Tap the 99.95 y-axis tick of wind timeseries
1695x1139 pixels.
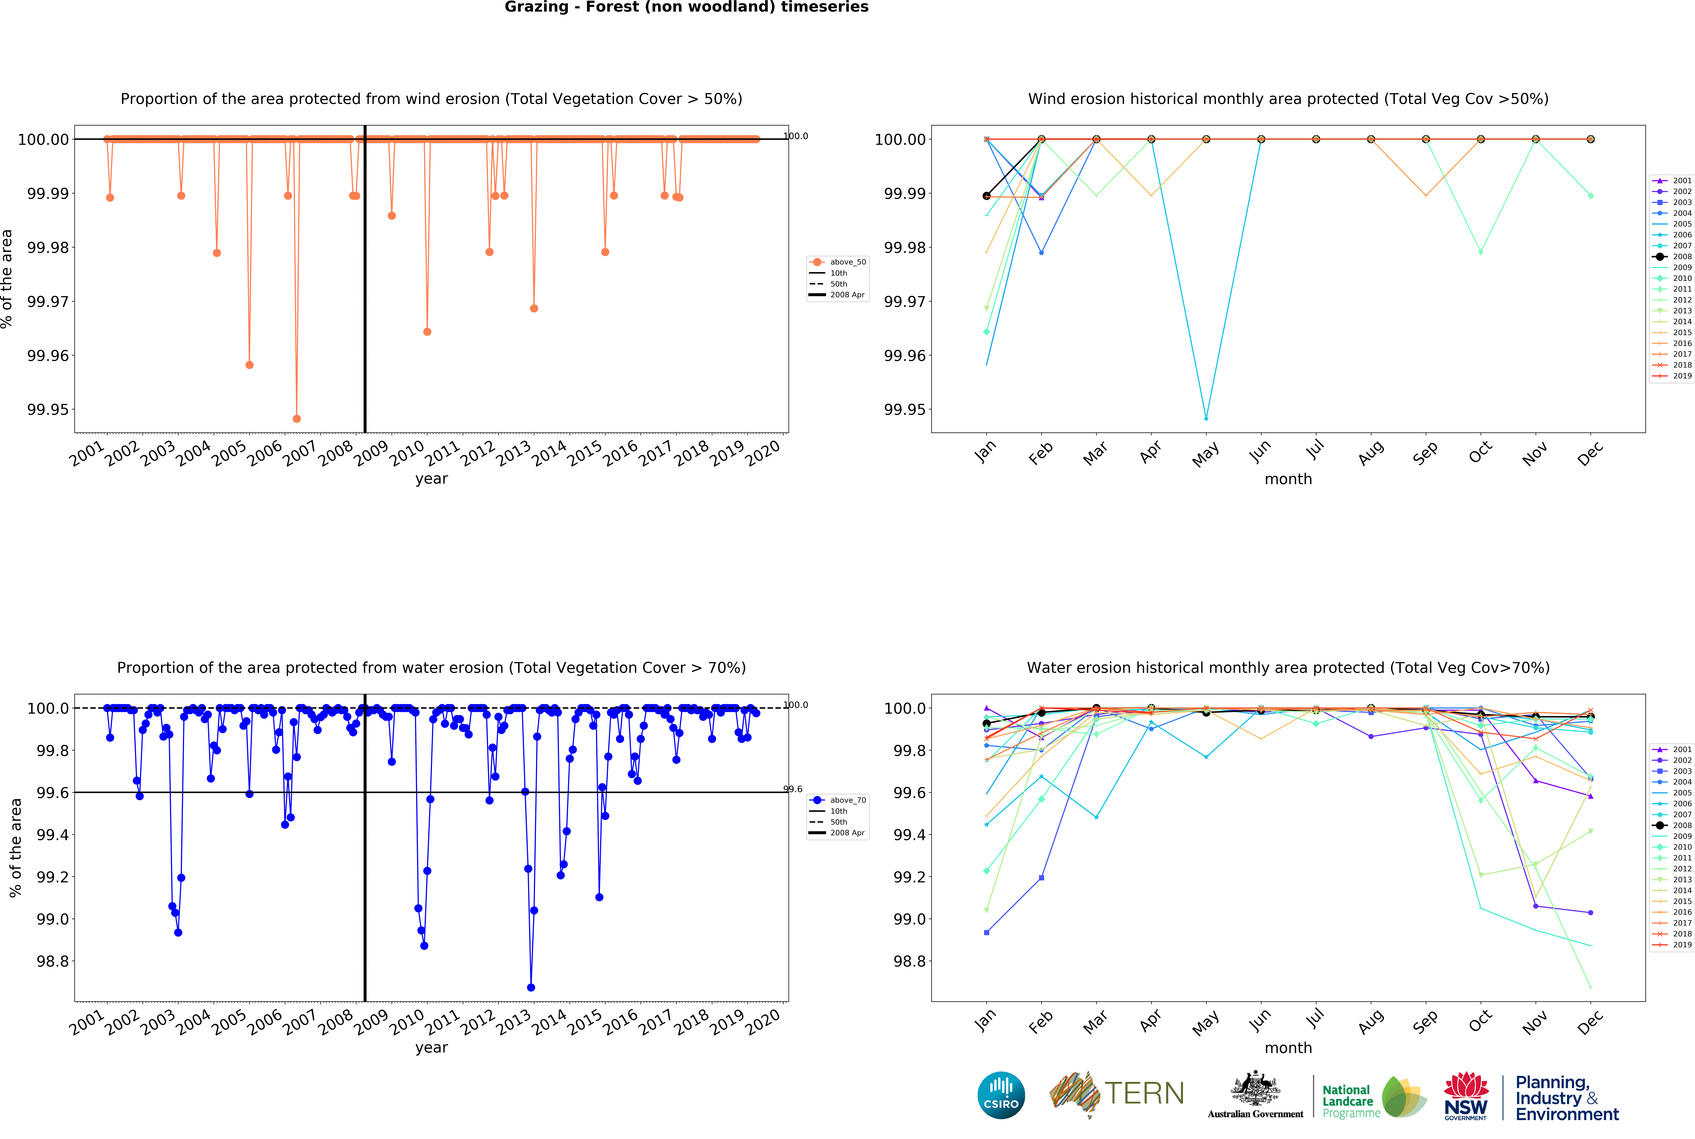pyautogui.click(x=48, y=410)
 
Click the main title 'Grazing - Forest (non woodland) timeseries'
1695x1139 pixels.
pyautogui.click(x=686, y=7)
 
